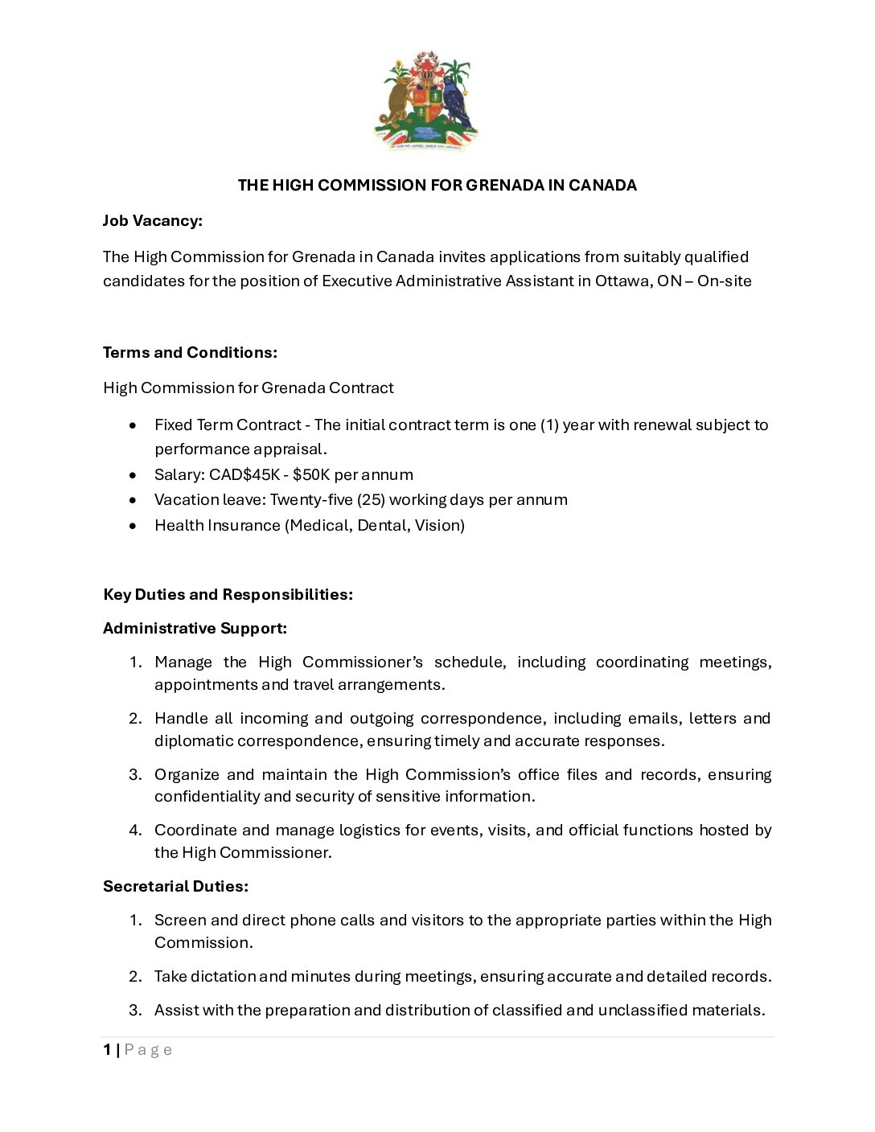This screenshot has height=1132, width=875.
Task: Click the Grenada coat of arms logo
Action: pyautogui.click(x=426, y=102)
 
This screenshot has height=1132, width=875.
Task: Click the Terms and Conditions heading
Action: pyautogui.click(x=190, y=353)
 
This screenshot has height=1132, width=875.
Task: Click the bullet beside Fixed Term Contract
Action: pyautogui.click(x=134, y=425)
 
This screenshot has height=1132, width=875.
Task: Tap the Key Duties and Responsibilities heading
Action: pyautogui.click(x=228, y=595)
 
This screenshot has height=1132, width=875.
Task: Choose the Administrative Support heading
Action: pyautogui.click(x=195, y=629)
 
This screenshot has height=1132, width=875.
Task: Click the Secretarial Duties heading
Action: pyautogui.click(x=175, y=887)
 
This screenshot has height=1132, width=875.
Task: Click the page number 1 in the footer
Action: pyautogui.click(x=107, y=1050)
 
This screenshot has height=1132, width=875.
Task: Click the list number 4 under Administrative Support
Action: pyautogui.click(x=136, y=831)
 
